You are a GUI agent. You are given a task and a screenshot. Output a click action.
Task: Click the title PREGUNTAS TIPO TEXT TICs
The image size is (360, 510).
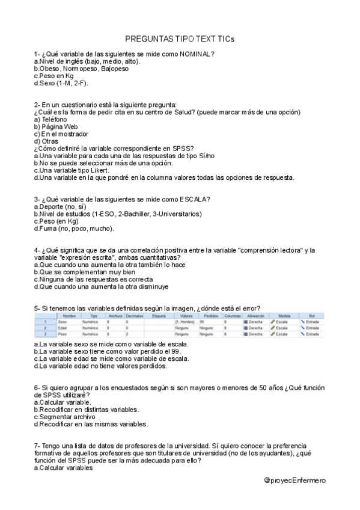point(180,38)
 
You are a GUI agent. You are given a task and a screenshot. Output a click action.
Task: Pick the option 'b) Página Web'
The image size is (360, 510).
point(57,127)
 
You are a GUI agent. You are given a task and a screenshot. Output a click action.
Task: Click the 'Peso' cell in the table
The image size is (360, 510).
point(62,334)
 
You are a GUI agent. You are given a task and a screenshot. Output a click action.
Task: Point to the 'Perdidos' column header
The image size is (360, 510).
point(210,315)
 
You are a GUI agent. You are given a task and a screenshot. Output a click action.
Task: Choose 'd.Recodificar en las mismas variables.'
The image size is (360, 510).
point(91,424)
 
